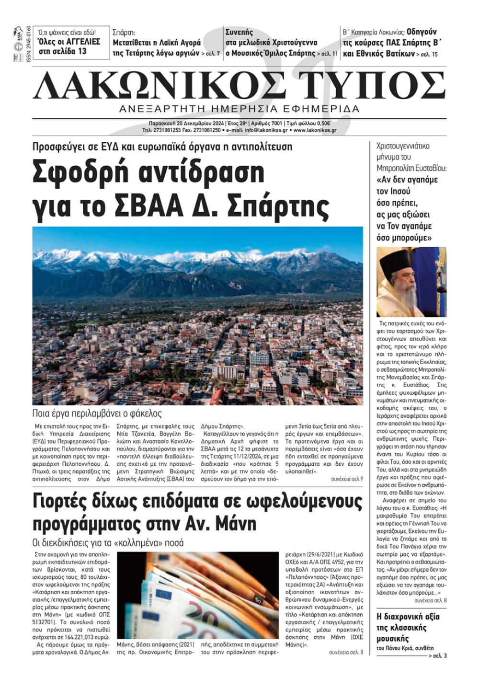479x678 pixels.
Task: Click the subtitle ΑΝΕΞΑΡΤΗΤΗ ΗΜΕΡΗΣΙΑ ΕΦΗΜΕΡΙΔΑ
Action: pos(239,109)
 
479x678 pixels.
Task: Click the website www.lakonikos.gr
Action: pos(315,130)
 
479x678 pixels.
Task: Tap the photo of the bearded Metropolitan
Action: pos(411,282)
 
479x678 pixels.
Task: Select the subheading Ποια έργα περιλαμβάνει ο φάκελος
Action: pos(97,414)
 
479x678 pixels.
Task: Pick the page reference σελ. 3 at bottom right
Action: pos(439,655)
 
